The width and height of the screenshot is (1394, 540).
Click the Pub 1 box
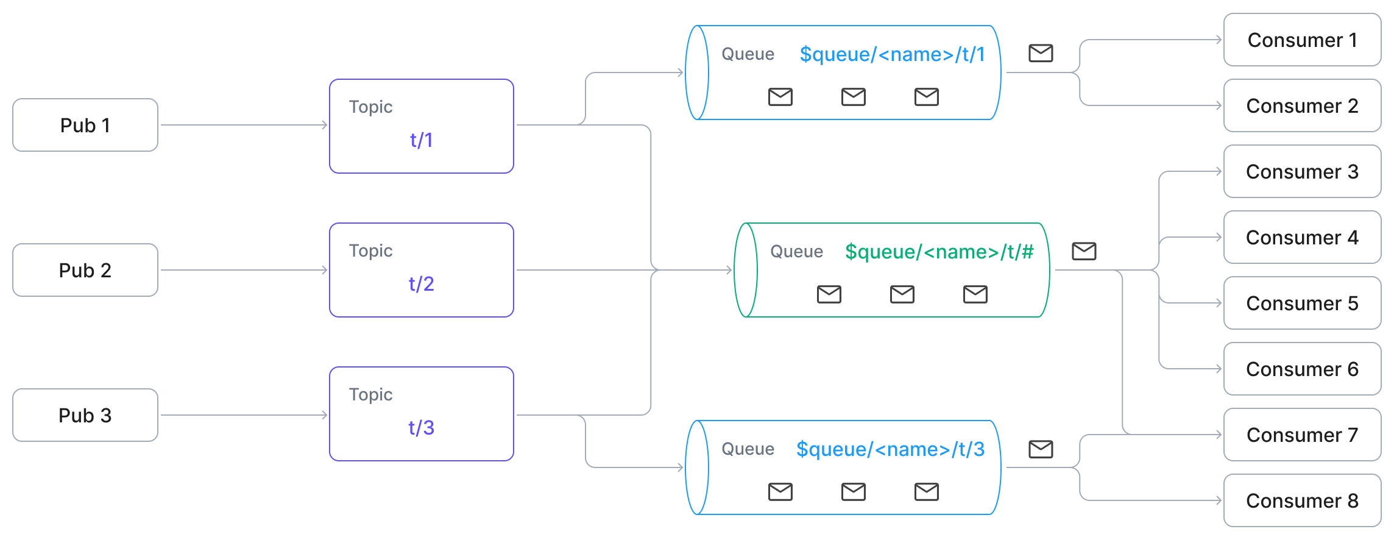[85, 125]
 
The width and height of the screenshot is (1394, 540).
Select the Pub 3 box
[85, 415]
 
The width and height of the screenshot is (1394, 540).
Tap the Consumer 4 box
[1302, 237]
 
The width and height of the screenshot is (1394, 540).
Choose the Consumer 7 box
[1302, 435]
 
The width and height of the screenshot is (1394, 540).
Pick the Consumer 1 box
[1302, 40]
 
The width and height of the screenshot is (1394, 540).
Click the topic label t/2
[421, 284]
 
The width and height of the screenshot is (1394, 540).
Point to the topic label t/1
[421, 140]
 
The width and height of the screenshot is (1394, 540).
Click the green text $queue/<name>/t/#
[939, 252]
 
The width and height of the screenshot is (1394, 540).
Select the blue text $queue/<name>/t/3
[890, 449]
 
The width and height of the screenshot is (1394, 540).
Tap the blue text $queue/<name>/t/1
[892, 54]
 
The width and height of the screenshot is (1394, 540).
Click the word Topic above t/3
[370, 394]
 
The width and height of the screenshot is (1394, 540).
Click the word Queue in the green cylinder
[796, 252]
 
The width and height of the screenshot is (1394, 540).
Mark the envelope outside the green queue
[1084, 251]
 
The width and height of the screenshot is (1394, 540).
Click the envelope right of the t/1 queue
[1041, 53]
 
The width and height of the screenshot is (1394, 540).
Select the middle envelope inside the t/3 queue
[853, 491]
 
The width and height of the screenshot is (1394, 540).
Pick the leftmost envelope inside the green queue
[829, 294]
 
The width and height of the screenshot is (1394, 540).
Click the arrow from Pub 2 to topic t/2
[244, 270]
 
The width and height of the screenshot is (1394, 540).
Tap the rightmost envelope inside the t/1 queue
[926, 97]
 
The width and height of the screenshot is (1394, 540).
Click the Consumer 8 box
[1302, 500]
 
